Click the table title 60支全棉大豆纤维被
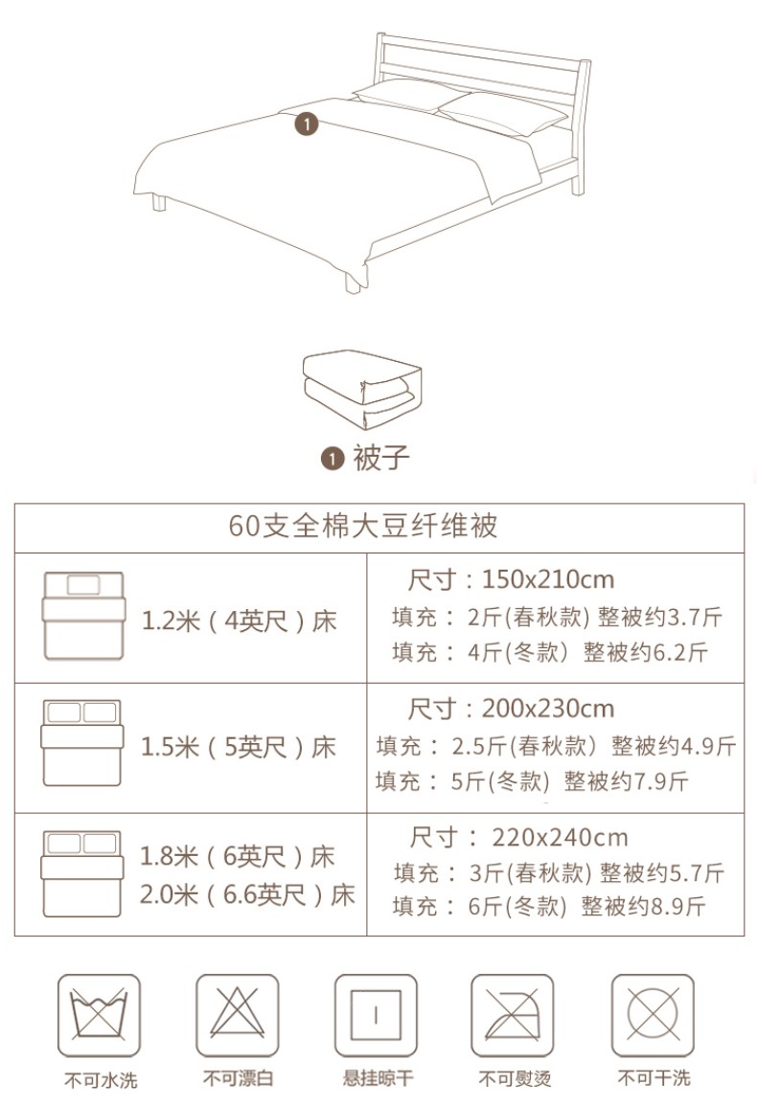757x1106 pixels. tap(363, 527)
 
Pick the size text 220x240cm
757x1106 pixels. tap(560, 838)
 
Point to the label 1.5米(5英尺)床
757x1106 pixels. tap(240, 747)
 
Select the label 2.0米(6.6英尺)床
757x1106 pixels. tap(247, 895)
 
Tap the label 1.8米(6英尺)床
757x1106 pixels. tap(238, 856)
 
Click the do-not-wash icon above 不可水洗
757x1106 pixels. tap(99, 1015)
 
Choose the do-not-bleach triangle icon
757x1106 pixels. tap(238, 1015)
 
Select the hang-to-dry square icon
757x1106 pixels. tap(376, 1015)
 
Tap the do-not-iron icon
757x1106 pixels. tap(512, 1015)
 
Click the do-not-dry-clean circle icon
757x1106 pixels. tap(653, 1015)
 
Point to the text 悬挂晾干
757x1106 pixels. tap(378, 1078)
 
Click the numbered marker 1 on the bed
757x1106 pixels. tap(306, 124)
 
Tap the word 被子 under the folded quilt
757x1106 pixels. tap(381, 458)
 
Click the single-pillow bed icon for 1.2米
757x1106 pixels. tap(83, 616)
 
